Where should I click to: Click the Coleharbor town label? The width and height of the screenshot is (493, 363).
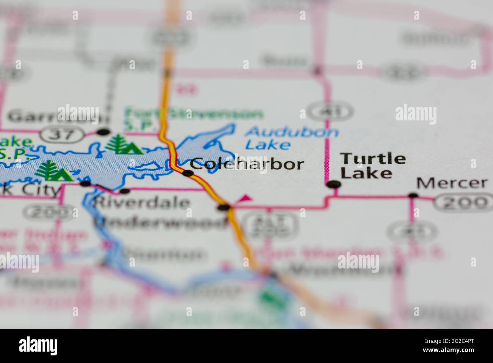click(247, 164)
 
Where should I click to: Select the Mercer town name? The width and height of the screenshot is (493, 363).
click(452, 183)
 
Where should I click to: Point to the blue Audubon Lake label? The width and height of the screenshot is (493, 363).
click(291, 138)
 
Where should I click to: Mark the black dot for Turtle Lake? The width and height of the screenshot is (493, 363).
click(334, 185)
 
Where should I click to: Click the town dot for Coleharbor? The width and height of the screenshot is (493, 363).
click(188, 173)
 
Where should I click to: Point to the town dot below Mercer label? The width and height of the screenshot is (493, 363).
click(413, 196)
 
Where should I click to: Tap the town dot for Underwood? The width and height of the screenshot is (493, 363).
click(223, 207)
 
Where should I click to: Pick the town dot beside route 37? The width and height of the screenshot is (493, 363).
click(103, 132)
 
